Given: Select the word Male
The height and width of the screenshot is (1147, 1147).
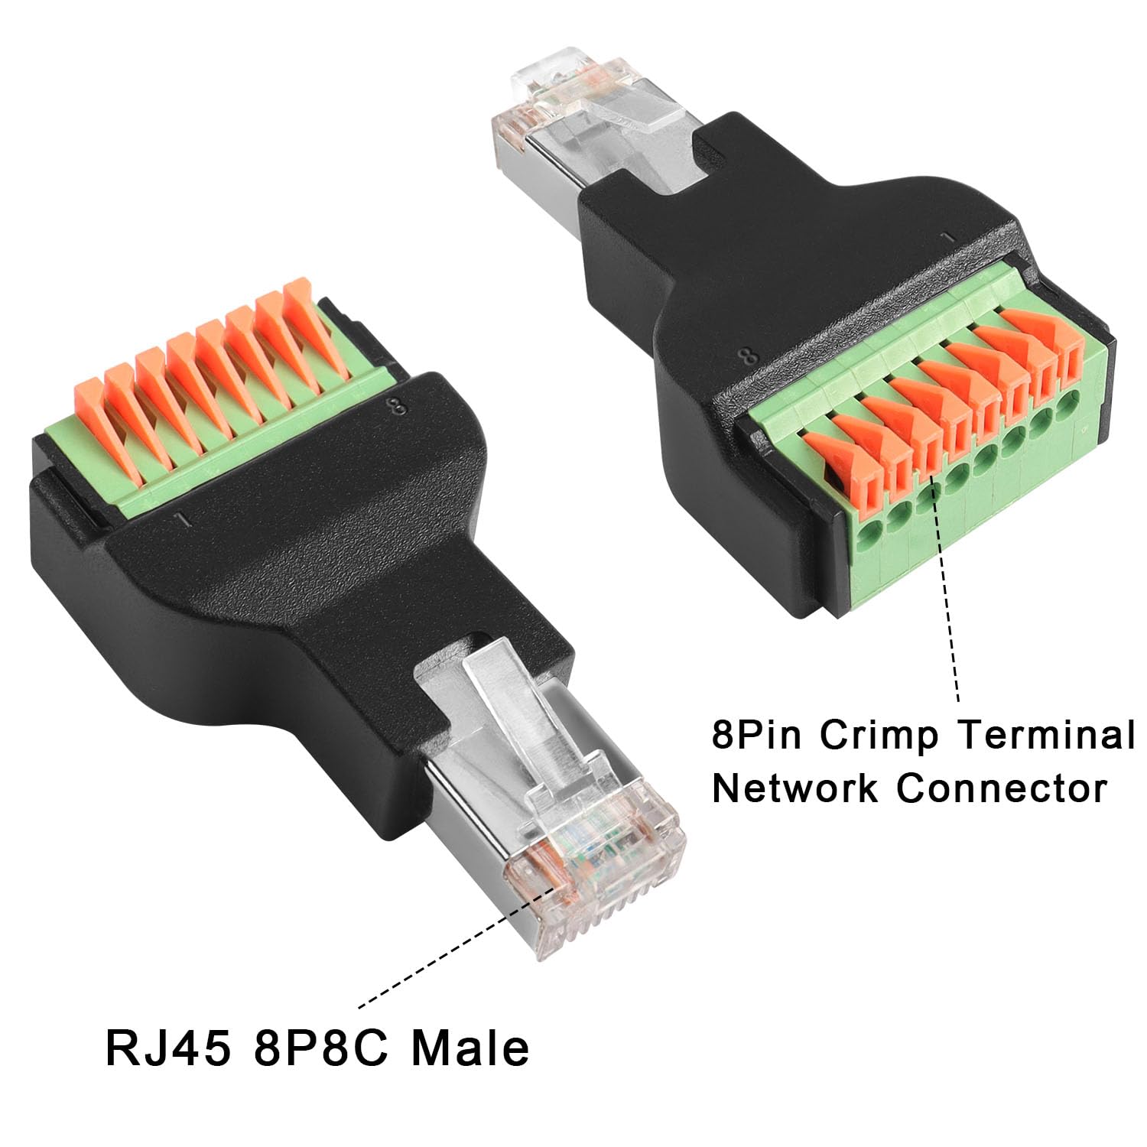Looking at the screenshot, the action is click(470, 1048).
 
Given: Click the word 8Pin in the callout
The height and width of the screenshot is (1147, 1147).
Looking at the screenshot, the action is click(758, 736).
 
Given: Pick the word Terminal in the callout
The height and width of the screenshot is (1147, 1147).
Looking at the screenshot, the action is click(1046, 735).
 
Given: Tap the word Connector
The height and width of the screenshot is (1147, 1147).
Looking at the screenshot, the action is click(1002, 788).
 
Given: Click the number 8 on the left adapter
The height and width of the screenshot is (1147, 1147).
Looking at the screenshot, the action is click(398, 406).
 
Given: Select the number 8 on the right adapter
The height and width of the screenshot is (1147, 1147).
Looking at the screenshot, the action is click(749, 355).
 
